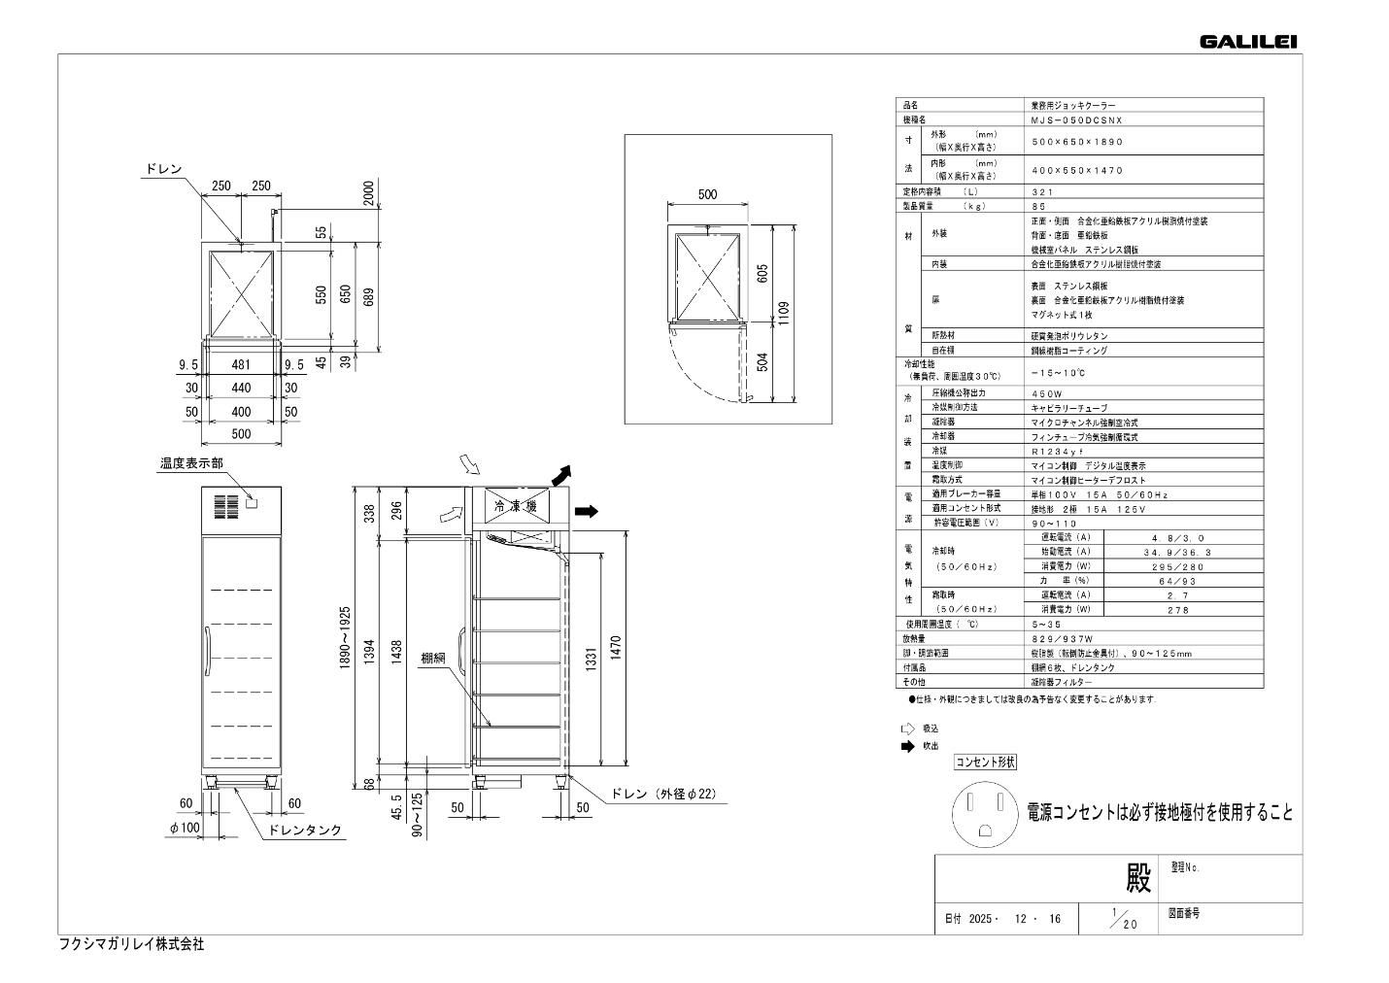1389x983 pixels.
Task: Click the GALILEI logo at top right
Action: [1248, 41]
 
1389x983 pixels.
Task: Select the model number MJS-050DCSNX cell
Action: [1076, 119]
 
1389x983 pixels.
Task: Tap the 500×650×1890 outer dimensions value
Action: [1076, 142]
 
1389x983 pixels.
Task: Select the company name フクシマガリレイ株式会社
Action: [132, 944]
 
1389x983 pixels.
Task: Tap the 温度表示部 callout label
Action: [191, 464]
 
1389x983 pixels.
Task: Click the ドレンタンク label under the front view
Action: [305, 830]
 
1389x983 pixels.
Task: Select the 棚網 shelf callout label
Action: [433, 658]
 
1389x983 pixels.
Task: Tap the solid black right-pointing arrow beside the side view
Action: [586, 511]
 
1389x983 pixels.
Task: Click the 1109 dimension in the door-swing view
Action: [784, 313]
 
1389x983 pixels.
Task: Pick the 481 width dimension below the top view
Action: [241, 365]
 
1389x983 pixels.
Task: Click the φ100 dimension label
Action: [184, 828]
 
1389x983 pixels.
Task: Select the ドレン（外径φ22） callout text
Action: [663, 795]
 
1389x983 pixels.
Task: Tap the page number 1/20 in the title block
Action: [1123, 918]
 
